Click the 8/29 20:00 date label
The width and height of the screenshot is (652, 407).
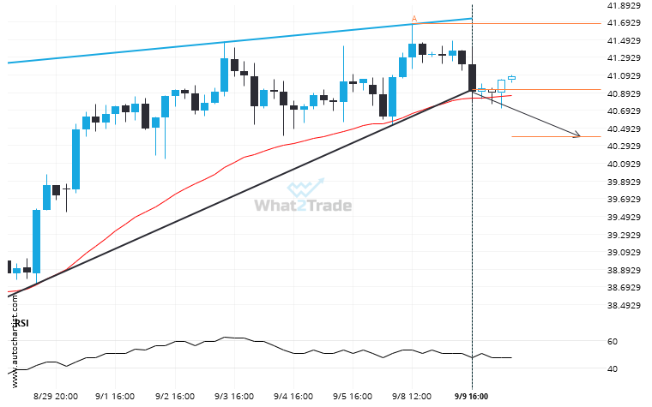click(x=57, y=397)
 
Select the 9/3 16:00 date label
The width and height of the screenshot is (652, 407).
click(x=232, y=397)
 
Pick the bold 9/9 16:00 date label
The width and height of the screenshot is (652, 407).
click(x=471, y=397)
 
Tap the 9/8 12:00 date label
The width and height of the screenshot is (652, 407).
click(x=413, y=397)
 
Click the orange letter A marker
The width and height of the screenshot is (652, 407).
click(x=414, y=18)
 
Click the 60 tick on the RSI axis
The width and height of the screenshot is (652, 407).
click(x=611, y=341)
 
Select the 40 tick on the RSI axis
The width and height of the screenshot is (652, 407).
click(x=611, y=369)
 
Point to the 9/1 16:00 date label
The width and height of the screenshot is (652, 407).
click(x=115, y=397)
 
